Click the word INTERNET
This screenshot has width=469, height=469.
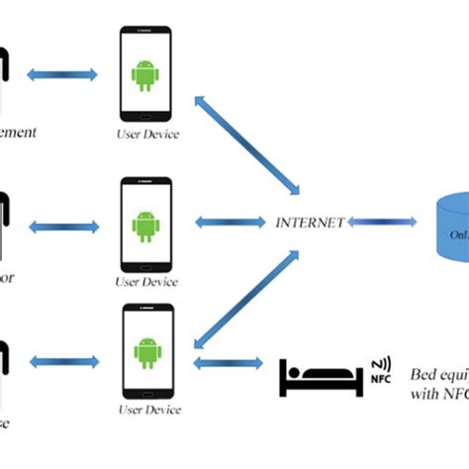click(311, 223)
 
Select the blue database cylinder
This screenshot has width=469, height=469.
click(451, 226)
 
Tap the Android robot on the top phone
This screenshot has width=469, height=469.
click(146, 74)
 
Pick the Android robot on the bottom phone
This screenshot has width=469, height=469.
click(146, 350)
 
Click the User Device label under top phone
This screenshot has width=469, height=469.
click(146, 134)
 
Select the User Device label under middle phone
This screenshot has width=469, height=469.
click(146, 282)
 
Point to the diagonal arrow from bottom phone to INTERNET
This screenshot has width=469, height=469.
click(245, 296)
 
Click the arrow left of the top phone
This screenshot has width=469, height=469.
click(63, 74)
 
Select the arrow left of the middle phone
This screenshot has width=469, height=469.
click(63, 227)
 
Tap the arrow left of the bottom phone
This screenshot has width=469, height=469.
click(63, 364)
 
